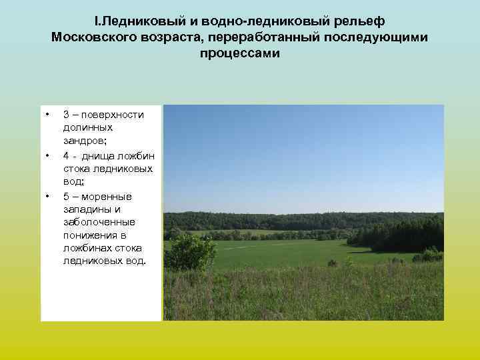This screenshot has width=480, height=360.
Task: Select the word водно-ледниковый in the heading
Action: (x=250, y=20)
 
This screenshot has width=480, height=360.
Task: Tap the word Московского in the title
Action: (x=94, y=37)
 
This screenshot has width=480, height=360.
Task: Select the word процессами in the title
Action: (x=240, y=53)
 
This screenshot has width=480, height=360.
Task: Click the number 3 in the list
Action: (x=67, y=114)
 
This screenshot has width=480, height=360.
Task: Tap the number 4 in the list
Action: (x=67, y=155)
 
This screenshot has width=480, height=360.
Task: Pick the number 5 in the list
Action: (x=67, y=196)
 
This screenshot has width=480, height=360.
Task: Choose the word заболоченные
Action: (x=99, y=223)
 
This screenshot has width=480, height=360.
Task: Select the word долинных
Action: (x=88, y=127)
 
